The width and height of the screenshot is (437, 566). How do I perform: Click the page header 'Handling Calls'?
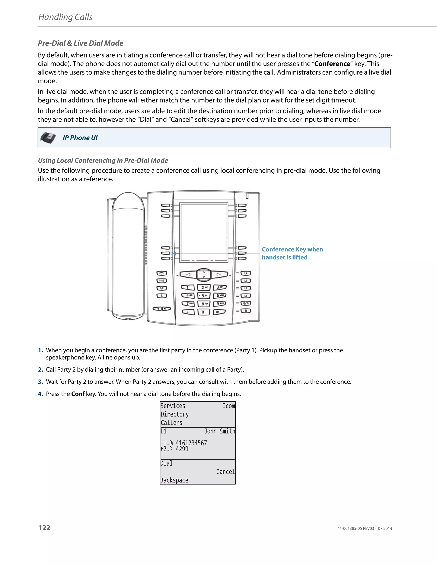65,17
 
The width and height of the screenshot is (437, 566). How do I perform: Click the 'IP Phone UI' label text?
80,138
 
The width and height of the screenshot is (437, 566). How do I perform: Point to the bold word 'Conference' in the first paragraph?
332,64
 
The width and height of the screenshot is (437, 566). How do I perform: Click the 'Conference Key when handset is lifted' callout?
292,253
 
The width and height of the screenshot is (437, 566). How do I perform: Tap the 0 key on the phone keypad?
203,312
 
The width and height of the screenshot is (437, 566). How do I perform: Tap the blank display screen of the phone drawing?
204,232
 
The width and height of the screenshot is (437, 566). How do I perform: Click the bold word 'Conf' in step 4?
78,394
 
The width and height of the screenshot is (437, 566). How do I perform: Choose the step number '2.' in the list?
41,370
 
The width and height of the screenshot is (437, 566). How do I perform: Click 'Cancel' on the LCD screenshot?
226,472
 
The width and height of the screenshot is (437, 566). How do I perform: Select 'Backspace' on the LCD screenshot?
174,480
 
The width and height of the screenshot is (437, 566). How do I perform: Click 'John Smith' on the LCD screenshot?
219,431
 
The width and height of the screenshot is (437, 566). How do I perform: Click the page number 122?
45,527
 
